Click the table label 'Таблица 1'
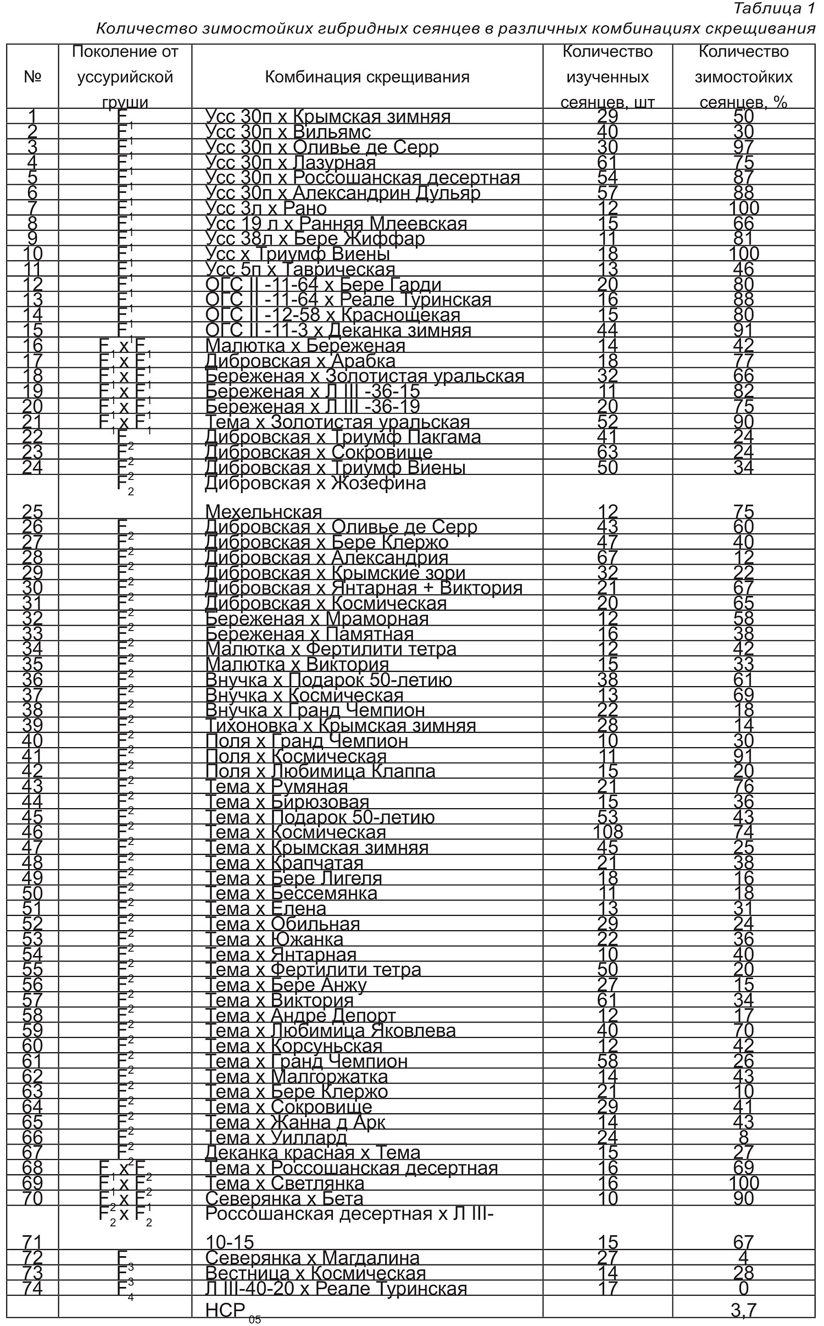(x=773, y=9)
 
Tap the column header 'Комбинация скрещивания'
(x=367, y=77)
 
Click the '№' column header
(x=32, y=77)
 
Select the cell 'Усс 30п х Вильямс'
(x=288, y=132)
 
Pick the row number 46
(x=32, y=832)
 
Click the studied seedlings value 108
(x=608, y=832)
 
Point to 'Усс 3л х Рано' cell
(x=266, y=209)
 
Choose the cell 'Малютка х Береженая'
(x=305, y=346)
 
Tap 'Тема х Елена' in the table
(x=266, y=909)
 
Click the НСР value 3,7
(x=744, y=1311)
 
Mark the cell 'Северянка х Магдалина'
(x=313, y=1258)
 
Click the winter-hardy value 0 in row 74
(x=744, y=1289)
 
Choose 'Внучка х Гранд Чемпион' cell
(x=315, y=710)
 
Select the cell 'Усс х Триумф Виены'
(x=298, y=255)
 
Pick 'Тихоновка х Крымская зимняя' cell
(x=341, y=726)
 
